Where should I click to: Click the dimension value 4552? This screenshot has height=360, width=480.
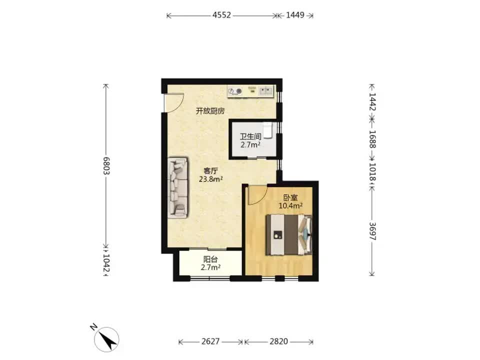(x=221, y=15)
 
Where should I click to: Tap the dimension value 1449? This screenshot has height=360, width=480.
(x=295, y=15)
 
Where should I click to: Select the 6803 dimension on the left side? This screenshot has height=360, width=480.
(x=106, y=165)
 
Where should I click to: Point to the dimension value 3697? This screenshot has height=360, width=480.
(x=372, y=231)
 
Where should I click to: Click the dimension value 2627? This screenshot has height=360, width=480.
(x=210, y=341)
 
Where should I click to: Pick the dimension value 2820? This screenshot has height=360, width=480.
(x=278, y=341)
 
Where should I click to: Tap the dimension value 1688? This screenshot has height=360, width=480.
(x=372, y=139)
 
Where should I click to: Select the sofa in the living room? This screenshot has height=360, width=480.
(x=177, y=187)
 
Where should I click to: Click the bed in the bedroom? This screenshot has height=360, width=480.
(x=289, y=235)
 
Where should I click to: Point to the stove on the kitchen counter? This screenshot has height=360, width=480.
(x=235, y=91)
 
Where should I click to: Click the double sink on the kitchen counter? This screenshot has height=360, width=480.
(x=265, y=90)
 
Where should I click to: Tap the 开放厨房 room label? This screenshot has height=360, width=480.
(x=210, y=111)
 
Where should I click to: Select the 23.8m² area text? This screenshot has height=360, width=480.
(x=210, y=179)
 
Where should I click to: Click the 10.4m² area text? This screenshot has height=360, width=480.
(x=290, y=205)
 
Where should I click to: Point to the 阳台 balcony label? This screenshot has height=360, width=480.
(x=210, y=259)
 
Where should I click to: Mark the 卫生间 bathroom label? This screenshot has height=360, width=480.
(x=250, y=136)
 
